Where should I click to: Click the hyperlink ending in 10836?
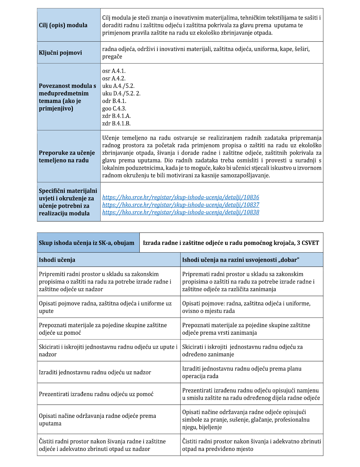click(x=181, y=197)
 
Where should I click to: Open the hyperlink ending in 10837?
click(x=181, y=205)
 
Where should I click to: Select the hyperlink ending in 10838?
click(x=181, y=212)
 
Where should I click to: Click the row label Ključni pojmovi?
click(x=60, y=53)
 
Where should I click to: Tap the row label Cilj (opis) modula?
click(x=63, y=25)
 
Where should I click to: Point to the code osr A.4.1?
click(x=114, y=71)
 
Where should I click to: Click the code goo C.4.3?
click(x=114, y=109)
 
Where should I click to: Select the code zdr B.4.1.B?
click(x=116, y=123)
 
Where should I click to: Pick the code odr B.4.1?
click(x=114, y=101)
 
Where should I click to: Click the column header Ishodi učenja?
click(x=57, y=260)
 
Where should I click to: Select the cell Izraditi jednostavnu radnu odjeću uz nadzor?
click(x=95, y=372)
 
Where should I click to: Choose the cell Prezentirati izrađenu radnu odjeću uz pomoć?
click(x=96, y=394)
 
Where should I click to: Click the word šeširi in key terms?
click(x=301, y=49)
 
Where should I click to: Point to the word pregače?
click(x=112, y=57)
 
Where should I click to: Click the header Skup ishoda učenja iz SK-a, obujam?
click(x=86, y=243)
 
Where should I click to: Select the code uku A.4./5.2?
click(x=118, y=86)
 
